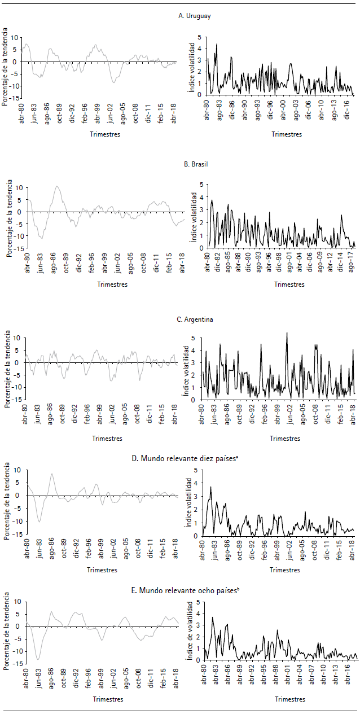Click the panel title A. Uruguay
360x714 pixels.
195,16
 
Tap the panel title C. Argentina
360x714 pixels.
195,319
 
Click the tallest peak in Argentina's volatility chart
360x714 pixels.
287,332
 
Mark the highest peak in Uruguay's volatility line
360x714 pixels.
217,44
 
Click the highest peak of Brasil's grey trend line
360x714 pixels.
57,186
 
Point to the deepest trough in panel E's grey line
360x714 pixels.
38,659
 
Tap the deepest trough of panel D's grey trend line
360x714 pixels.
39,521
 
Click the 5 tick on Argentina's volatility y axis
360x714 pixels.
193,338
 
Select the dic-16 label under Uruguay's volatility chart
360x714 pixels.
348,109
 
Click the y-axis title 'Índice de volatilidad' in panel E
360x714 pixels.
190,632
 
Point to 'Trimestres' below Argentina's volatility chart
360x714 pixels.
285,438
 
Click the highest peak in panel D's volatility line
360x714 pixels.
210,487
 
